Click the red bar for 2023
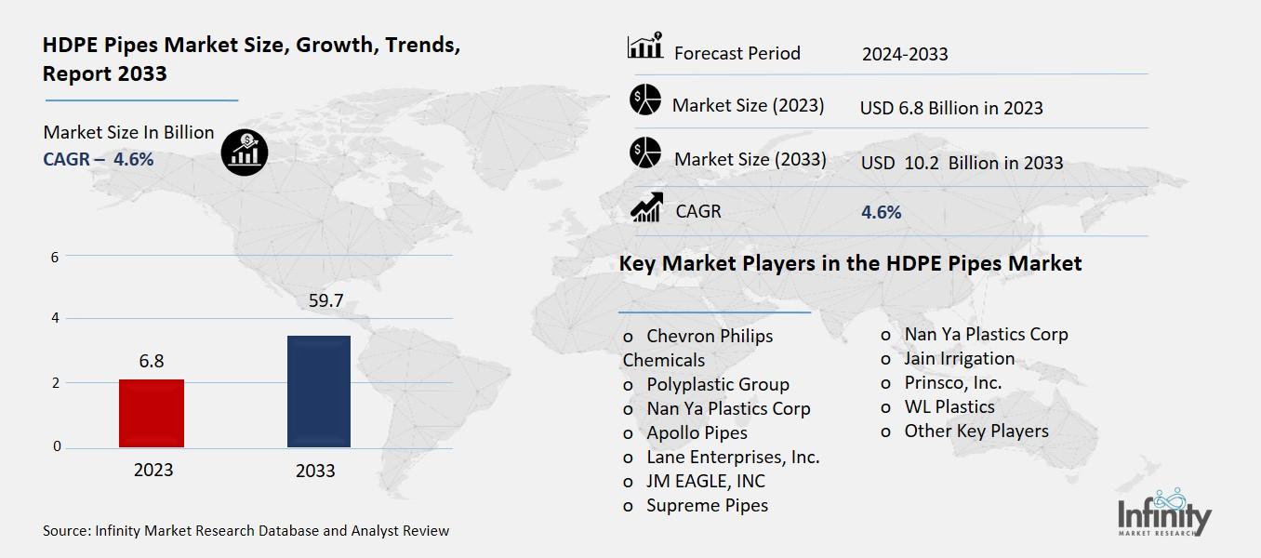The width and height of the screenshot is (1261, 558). click(152, 413)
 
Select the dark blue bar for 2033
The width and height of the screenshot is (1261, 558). click(319, 392)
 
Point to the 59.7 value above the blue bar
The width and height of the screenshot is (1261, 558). click(326, 300)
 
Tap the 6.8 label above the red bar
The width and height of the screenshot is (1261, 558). click(152, 361)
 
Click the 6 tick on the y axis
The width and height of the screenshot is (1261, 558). click(55, 258)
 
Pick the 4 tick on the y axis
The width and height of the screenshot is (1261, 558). click(55, 317)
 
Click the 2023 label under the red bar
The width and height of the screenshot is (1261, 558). click(153, 470)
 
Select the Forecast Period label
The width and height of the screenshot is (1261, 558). click(737, 53)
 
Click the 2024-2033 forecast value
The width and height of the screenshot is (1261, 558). click(905, 54)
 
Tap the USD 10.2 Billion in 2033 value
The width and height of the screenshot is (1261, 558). click(962, 163)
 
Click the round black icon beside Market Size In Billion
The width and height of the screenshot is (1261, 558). click(245, 153)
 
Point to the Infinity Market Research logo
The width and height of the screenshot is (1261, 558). click(1163, 512)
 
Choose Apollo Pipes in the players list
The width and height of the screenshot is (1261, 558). click(697, 432)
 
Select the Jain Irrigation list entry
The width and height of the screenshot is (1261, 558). click(960, 359)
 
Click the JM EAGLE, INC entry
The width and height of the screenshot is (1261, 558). click(706, 481)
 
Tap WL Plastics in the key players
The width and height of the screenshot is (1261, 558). click(949, 406)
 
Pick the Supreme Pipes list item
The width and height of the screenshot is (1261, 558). click(707, 505)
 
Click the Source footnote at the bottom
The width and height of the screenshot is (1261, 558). click(246, 530)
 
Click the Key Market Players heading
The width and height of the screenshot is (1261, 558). click(850, 263)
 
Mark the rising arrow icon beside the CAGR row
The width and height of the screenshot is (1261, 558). click(646, 206)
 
